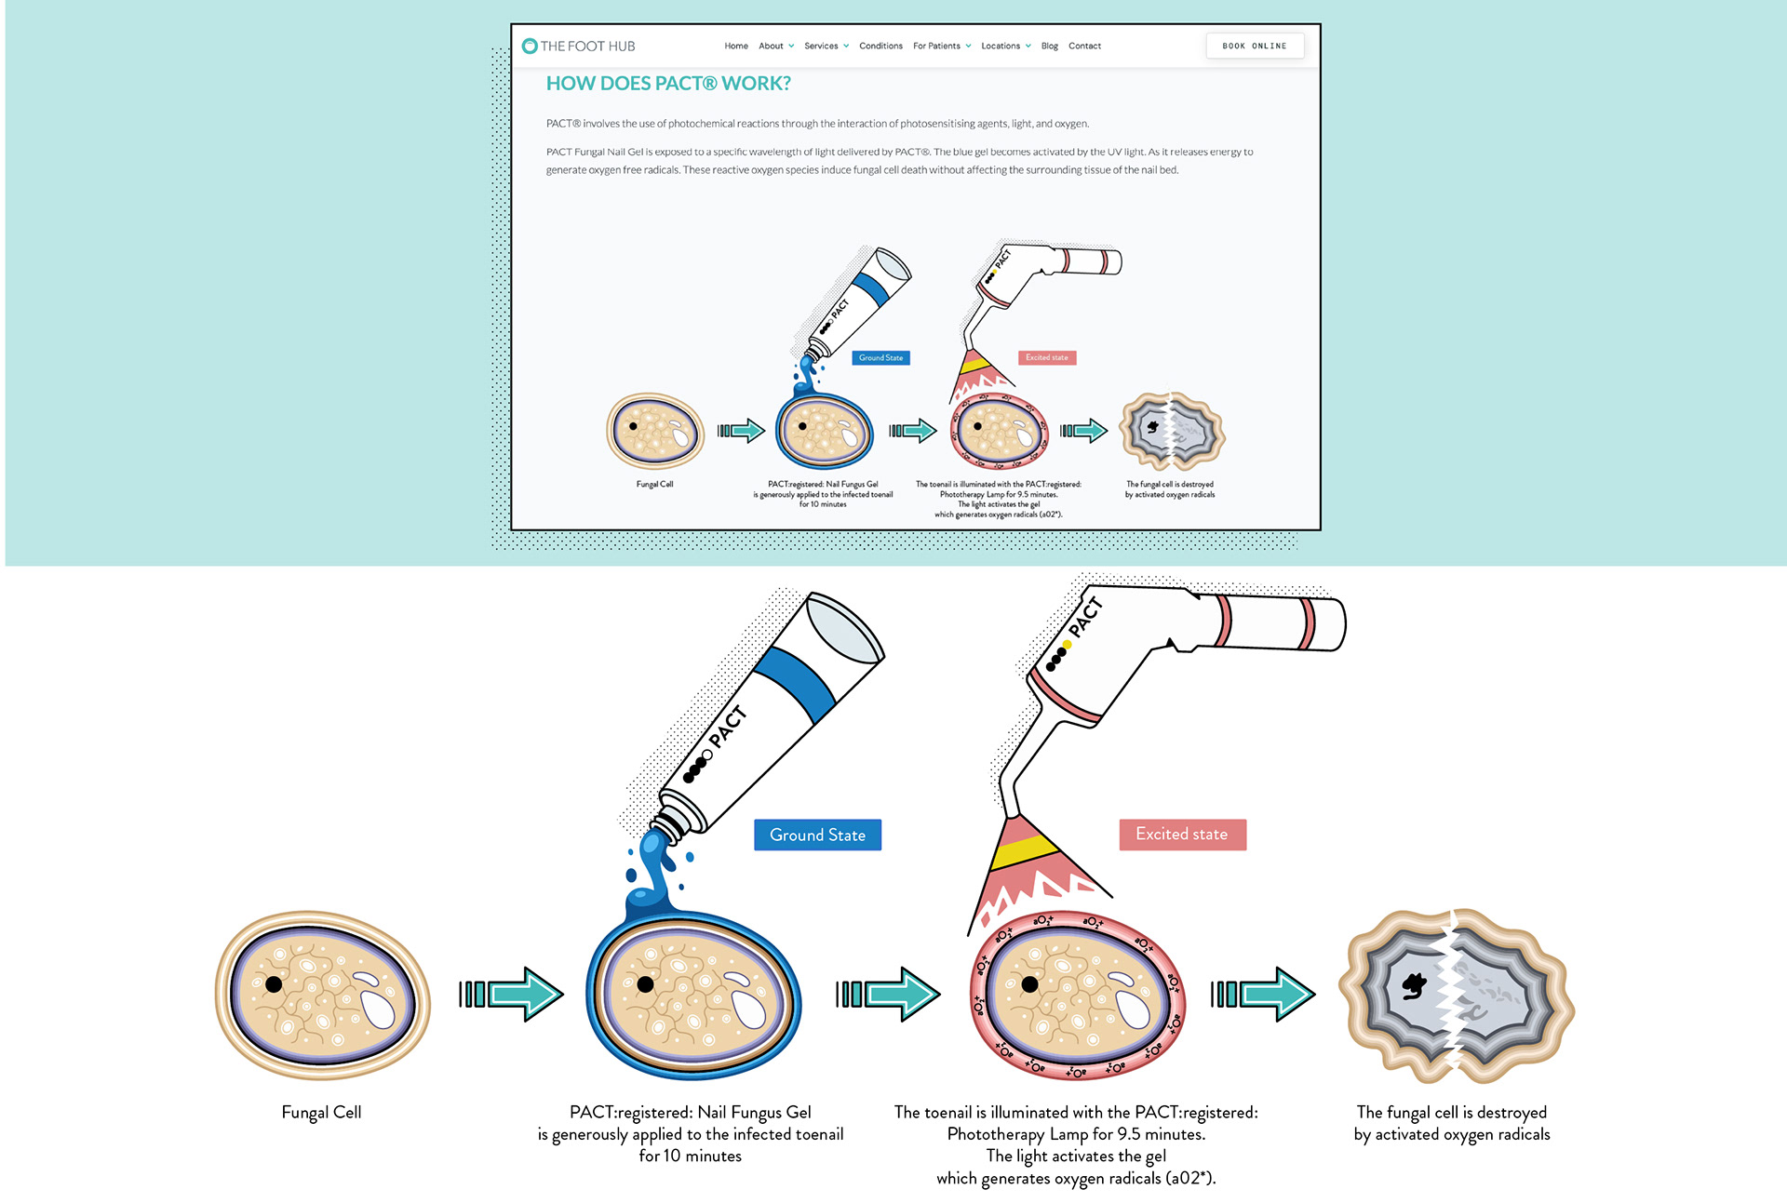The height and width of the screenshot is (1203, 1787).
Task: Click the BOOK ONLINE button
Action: pyautogui.click(x=1254, y=46)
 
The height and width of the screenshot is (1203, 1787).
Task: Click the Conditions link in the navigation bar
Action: pyautogui.click(x=880, y=46)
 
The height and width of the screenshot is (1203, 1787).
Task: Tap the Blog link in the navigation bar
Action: pyautogui.click(x=1049, y=46)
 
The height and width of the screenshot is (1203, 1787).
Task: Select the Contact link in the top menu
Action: pyautogui.click(x=1084, y=46)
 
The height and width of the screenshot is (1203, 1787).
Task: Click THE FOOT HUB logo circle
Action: pyautogui.click(x=530, y=46)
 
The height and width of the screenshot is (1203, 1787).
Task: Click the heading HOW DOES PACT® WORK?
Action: pyautogui.click(x=668, y=84)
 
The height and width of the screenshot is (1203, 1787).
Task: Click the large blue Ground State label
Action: pyautogui.click(x=817, y=835)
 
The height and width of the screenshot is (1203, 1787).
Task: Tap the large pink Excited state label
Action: pyautogui.click(x=1181, y=834)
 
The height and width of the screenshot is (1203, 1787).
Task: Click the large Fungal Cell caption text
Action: pyautogui.click(x=321, y=1112)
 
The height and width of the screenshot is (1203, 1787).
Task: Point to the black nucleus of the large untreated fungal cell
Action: pyautogui.click(x=274, y=983)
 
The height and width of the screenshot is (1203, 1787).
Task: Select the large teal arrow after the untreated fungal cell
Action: pyautogui.click(x=512, y=994)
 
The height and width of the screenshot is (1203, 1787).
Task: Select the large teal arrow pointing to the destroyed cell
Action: pyautogui.click(x=1263, y=994)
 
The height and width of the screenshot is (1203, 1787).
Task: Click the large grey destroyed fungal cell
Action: pyautogui.click(x=1455, y=996)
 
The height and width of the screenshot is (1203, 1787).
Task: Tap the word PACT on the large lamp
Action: pyautogui.click(x=1085, y=618)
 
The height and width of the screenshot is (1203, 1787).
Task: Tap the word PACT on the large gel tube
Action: pyautogui.click(x=727, y=727)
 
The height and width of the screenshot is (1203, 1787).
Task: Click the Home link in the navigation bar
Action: pyautogui.click(x=736, y=46)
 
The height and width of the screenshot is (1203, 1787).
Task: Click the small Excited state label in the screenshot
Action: pyautogui.click(x=1047, y=357)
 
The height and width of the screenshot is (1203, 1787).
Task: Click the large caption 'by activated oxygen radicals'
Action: pyautogui.click(x=1451, y=1134)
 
